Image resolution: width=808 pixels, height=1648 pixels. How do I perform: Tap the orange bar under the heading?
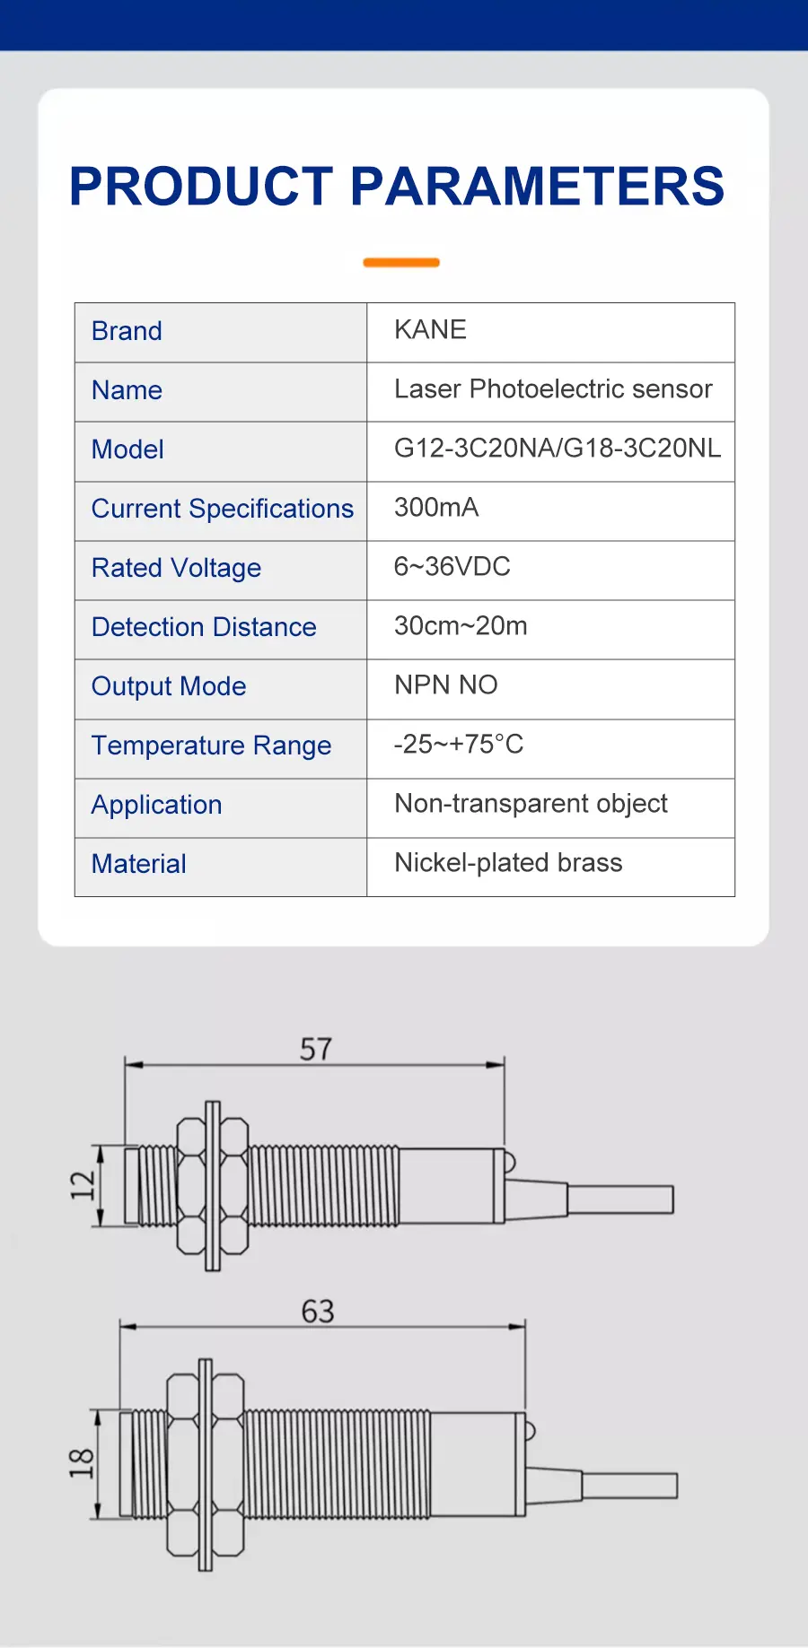(x=400, y=263)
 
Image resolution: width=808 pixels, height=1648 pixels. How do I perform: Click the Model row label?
(x=127, y=449)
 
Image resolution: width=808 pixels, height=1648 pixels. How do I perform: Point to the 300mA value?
(x=436, y=508)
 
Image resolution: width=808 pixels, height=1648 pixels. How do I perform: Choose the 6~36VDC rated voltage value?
(x=452, y=567)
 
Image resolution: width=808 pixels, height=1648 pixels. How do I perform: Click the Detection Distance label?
(x=204, y=627)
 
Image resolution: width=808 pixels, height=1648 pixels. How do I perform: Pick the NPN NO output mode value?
(x=445, y=685)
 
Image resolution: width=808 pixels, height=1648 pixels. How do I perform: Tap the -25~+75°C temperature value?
(x=458, y=745)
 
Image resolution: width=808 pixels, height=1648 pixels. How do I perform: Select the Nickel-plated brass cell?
(x=508, y=863)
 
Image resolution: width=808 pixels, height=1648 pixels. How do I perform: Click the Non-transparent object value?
(x=531, y=804)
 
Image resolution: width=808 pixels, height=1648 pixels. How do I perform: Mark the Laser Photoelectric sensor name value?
(x=552, y=389)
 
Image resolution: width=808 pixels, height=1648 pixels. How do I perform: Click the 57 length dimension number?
(x=316, y=1049)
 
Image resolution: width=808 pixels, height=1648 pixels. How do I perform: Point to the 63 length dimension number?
(x=318, y=1312)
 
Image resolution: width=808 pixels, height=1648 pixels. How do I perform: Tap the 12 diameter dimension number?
(x=83, y=1185)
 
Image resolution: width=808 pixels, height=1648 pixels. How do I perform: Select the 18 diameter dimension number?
(x=81, y=1463)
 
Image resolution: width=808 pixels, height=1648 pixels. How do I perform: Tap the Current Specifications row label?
(x=222, y=509)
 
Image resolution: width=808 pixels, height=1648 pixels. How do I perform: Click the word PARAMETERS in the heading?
(x=536, y=187)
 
